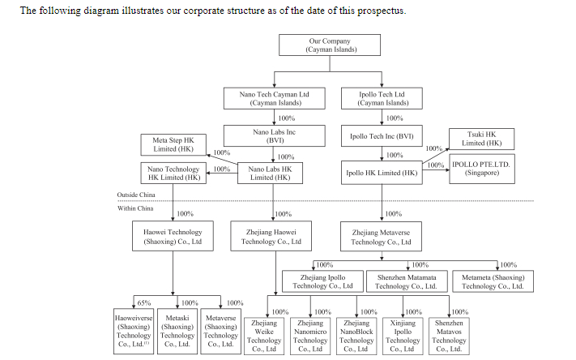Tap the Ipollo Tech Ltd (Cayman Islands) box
click(383, 98)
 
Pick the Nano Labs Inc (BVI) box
click(274, 135)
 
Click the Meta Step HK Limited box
click(173, 144)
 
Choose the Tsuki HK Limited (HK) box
click(482, 138)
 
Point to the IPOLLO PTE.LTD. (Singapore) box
click(481, 169)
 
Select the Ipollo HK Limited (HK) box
click(382, 173)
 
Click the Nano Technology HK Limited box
click(173, 173)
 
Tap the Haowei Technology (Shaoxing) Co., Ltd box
click(173, 237)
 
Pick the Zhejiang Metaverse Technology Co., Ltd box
click(381, 237)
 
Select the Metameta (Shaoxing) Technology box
click(493, 281)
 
